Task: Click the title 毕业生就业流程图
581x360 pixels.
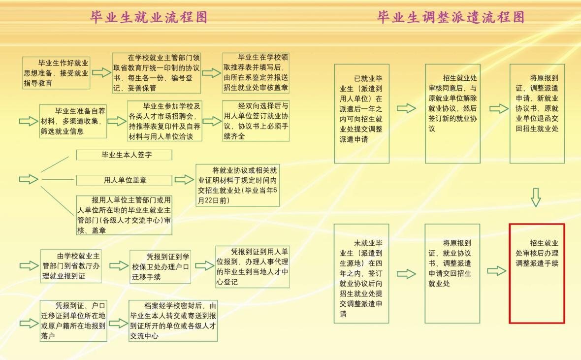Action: click(148, 17)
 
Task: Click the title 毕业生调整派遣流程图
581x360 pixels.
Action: click(451, 17)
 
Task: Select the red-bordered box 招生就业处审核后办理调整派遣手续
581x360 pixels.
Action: click(537, 273)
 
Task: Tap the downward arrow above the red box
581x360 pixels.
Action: click(536, 197)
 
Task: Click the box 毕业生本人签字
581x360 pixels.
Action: click(124, 155)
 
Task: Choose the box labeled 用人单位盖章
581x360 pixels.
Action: click(124, 180)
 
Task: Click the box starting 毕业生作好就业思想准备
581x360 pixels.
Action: click(56, 72)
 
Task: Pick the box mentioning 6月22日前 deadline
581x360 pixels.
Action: click(237, 185)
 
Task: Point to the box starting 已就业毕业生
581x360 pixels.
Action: click(361, 113)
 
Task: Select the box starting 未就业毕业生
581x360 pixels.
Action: click(361, 273)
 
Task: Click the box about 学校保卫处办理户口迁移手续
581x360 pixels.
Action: click(160, 266)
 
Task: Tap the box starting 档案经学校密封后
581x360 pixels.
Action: click(173, 321)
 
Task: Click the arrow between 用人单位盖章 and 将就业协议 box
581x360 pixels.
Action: click(184, 180)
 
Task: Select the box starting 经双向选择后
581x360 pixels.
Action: click(256, 121)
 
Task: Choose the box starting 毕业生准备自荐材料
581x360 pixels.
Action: click(73, 121)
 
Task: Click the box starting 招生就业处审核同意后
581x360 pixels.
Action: click(452, 113)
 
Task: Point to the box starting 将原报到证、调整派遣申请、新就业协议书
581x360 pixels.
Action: click(537, 113)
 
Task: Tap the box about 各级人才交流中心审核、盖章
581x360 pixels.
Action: click(124, 215)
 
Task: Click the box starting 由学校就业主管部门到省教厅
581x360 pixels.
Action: click(71, 266)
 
